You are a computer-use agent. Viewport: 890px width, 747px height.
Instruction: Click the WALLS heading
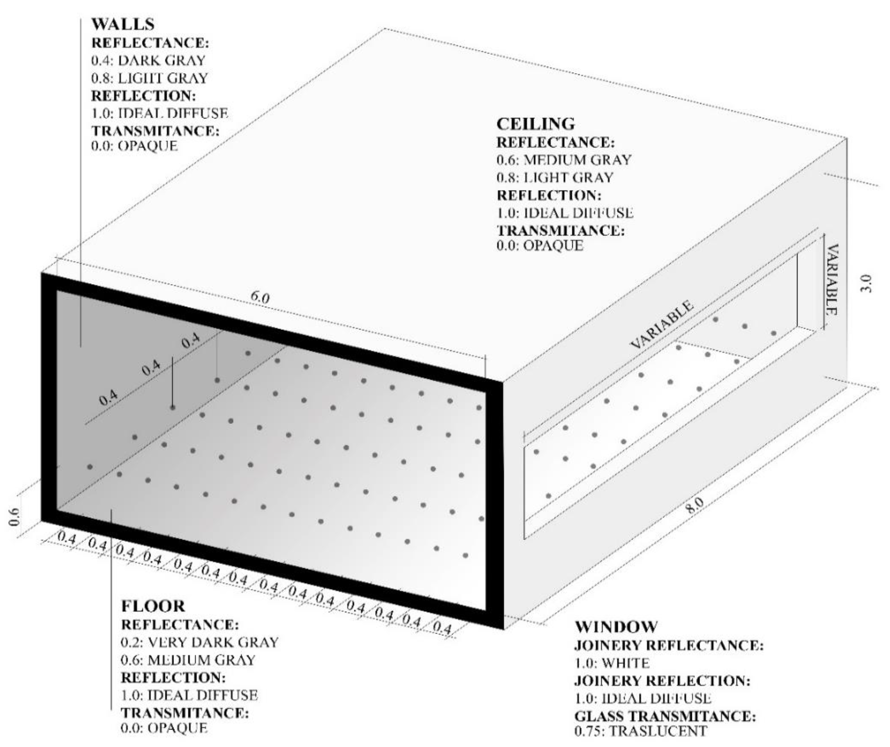click(x=123, y=24)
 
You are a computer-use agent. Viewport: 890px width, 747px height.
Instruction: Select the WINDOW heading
click(x=616, y=627)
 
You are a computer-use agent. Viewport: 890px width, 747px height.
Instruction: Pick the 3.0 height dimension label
click(x=866, y=283)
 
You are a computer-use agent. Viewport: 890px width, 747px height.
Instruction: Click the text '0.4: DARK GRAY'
click(x=148, y=60)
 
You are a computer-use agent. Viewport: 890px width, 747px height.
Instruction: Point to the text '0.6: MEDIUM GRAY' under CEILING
click(x=564, y=160)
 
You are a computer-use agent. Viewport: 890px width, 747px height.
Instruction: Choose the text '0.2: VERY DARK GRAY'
click(x=200, y=642)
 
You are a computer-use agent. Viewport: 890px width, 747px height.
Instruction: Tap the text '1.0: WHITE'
click(x=612, y=663)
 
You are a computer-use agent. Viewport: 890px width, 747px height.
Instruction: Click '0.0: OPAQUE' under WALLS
click(x=134, y=146)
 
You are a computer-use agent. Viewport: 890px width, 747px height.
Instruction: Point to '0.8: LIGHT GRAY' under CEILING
click(x=555, y=177)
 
